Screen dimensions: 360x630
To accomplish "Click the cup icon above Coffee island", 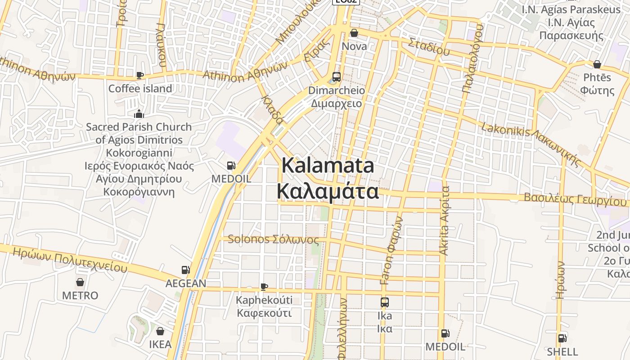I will point(140,75).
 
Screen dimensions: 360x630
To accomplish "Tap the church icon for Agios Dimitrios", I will point(139,113).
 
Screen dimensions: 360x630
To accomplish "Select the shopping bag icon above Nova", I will point(354,33).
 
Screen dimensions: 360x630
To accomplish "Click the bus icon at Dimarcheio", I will point(336,76).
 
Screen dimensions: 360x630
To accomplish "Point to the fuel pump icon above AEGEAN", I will point(185,270).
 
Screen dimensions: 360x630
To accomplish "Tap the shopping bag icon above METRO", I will point(80,282).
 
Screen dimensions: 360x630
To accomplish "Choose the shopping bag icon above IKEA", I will point(160,332).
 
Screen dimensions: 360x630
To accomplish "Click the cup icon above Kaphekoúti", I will point(264,287).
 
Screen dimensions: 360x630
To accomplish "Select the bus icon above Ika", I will point(384,302).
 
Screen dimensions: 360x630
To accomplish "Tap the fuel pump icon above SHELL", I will point(562,338).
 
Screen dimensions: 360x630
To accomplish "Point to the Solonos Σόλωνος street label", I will point(273,239).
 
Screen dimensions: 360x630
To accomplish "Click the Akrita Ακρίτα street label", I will point(444,220).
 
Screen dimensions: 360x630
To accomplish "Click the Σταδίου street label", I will point(429,47).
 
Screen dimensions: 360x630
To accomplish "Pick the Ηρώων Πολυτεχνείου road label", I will point(70,260).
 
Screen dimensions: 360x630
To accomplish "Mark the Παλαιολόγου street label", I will point(472,58).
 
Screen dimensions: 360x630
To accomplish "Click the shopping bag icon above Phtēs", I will point(597,64).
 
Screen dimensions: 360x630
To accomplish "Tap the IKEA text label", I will point(160,345).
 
